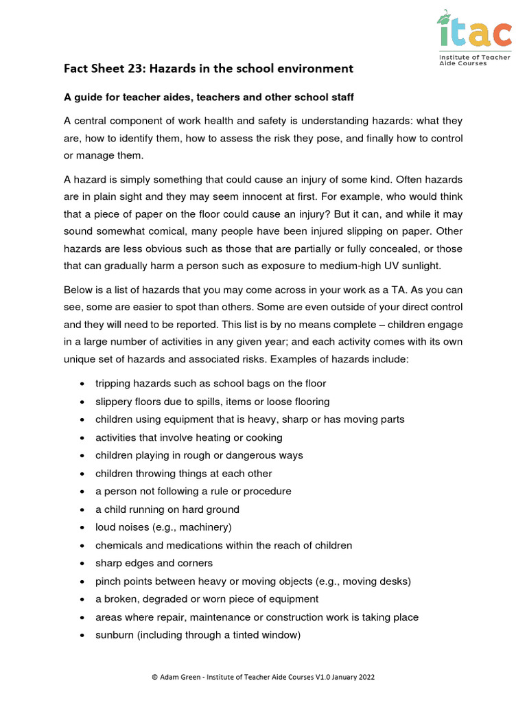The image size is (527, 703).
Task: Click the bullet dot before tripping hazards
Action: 82,384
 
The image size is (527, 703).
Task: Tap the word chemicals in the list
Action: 119,545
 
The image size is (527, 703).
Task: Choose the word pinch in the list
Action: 108,581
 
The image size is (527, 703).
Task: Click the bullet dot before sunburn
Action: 82,636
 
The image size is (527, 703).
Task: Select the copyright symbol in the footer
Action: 154,677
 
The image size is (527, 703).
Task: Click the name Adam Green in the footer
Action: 180,677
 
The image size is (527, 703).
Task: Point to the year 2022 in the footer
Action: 365,677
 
